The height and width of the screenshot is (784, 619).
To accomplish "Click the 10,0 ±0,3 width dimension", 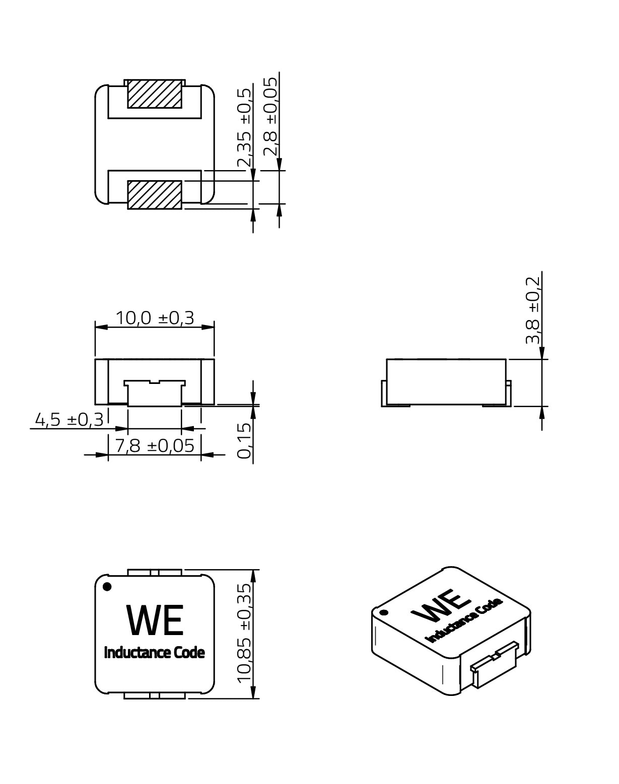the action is click(155, 318).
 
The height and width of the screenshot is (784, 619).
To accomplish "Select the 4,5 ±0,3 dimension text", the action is click(70, 420).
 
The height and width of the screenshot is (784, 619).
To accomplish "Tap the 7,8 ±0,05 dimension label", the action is click(155, 446).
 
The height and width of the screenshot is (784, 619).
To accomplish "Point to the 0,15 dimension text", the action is click(244, 440).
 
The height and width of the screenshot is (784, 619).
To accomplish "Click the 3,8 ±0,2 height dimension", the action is click(532, 310).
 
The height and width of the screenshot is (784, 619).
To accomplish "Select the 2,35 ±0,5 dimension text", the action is click(244, 127).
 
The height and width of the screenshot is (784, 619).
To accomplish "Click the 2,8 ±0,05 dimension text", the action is click(270, 116).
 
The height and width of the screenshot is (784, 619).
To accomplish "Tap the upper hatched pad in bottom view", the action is click(155, 94).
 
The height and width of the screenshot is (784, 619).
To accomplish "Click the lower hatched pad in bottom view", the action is click(155, 195).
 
